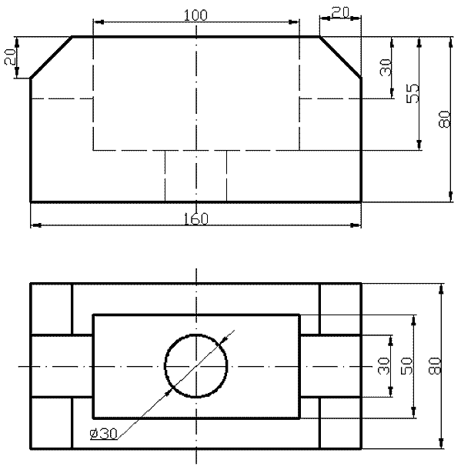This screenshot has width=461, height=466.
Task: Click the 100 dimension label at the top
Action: coord(195,15)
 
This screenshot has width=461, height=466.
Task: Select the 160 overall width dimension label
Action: coord(196,219)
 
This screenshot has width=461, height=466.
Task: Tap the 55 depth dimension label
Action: coord(413,93)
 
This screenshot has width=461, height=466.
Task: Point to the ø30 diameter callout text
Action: coord(104,434)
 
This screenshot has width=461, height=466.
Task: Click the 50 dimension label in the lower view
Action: coord(407,365)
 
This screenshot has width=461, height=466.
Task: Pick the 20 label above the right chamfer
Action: coord(340,13)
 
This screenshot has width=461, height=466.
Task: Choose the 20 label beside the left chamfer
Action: coord(10,56)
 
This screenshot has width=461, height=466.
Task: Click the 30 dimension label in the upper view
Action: coord(386,67)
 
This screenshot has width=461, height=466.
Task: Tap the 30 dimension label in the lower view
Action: coord(384,365)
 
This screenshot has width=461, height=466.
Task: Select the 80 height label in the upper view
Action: coord(445,119)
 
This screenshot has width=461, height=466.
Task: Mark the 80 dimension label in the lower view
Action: coord(435,365)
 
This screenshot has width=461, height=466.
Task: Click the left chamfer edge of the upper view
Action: coord(51,58)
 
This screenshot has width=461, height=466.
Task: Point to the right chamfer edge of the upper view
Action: coord(340,57)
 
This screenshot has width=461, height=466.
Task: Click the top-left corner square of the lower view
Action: coord(51,309)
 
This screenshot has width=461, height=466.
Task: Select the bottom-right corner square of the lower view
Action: coord(340,422)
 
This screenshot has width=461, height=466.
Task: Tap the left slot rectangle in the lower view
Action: coord(62,366)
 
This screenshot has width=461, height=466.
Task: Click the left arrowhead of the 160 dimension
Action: coord(36,225)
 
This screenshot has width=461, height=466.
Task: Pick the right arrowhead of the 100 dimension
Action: coord(294,22)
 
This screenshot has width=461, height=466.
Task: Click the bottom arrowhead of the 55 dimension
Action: coord(419,145)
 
